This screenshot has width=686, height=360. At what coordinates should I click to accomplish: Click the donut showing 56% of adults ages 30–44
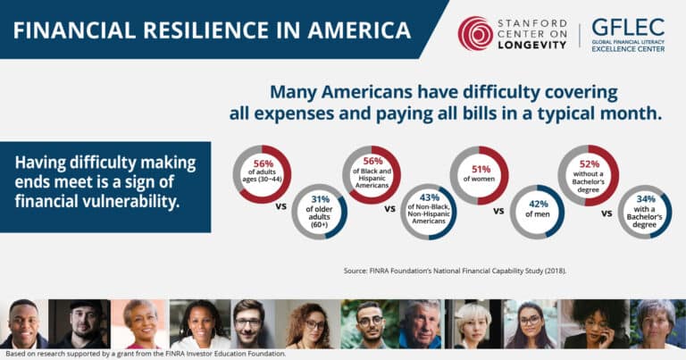click(x=263, y=174)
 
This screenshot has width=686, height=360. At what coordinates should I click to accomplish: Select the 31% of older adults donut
click(x=319, y=211)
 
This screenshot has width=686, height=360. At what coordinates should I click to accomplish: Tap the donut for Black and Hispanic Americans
click(x=371, y=174)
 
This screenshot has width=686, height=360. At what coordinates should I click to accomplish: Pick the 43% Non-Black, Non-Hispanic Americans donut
click(x=429, y=211)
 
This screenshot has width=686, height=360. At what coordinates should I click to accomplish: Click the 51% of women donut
click(x=479, y=174)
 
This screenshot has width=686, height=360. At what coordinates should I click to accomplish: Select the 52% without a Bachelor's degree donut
click(x=588, y=174)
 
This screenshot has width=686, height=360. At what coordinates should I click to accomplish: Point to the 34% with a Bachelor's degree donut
click(x=646, y=211)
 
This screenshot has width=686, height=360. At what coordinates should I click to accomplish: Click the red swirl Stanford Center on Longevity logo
click(x=475, y=33)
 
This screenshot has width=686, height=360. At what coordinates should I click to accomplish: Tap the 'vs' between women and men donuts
click(x=499, y=213)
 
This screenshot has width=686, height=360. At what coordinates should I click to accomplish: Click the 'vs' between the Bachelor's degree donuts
click(x=607, y=213)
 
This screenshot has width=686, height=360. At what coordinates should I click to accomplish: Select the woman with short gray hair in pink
click(x=140, y=323)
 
